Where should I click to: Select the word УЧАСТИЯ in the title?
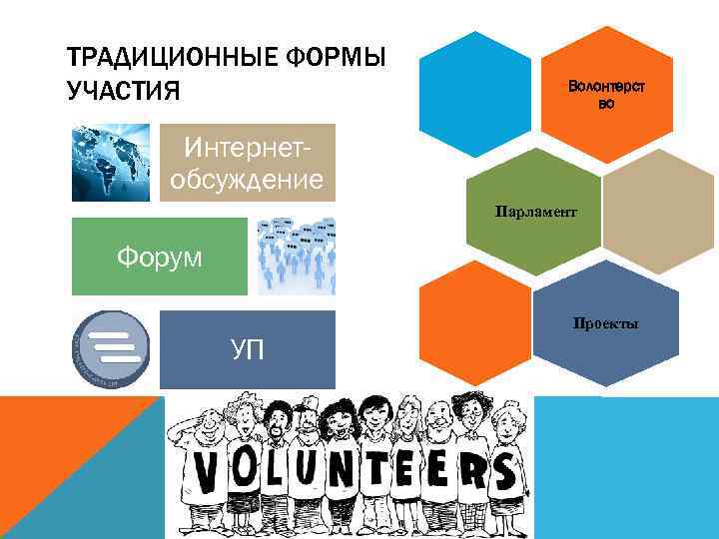point(123,92)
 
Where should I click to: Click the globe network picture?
point(111,162)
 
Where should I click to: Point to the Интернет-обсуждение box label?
point(248,165)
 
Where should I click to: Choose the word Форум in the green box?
point(159,257)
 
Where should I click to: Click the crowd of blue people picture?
point(296,256)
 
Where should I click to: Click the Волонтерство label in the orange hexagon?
point(606,95)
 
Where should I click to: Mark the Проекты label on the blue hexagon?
point(605,323)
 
